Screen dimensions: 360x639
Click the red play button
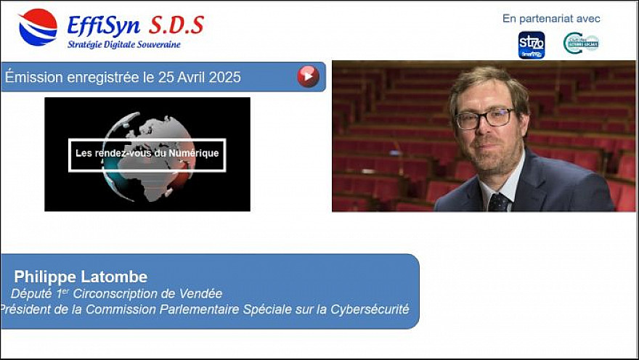pyautogui.click(x=308, y=76)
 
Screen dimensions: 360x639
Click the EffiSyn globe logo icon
pyautogui.click(x=38, y=28)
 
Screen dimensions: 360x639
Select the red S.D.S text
pyautogui.click(x=176, y=25)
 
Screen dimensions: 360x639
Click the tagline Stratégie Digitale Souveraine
pyautogui.click(x=123, y=45)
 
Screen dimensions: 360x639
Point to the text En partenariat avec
pyautogui.click(x=551, y=19)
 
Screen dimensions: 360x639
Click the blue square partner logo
pyautogui.click(x=531, y=44)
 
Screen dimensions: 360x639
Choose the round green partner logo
pyautogui.click(x=581, y=44)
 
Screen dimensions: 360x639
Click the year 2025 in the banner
pyautogui.click(x=221, y=77)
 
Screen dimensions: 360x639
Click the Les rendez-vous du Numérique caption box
pyautogui.click(x=147, y=154)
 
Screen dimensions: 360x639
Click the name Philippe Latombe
pyautogui.click(x=81, y=277)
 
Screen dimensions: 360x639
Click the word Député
pyautogui.click(x=31, y=294)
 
